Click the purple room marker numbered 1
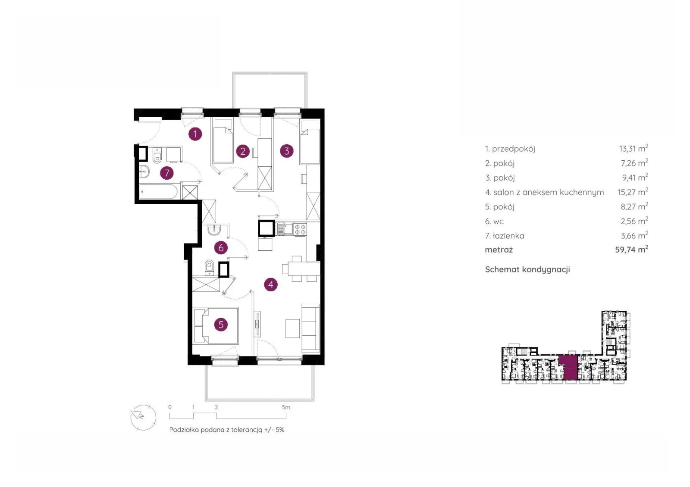(195, 134)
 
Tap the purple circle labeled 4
(271, 284)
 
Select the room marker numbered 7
(166, 173)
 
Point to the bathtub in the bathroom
(158, 192)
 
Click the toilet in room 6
(210, 267)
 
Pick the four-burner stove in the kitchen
(300, 229)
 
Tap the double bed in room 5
(216, 326)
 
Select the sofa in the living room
(310, 328)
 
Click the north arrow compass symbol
(143, 418)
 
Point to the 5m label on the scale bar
(286, 407)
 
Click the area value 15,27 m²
(633, 192)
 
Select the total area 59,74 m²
(631, 250)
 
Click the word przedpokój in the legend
(514, 149)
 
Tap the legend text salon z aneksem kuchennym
(549, 192)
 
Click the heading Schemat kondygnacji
(527, 269)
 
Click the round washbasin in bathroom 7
(144, 172)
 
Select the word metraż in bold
(499, 250)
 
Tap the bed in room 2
(223, 140)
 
